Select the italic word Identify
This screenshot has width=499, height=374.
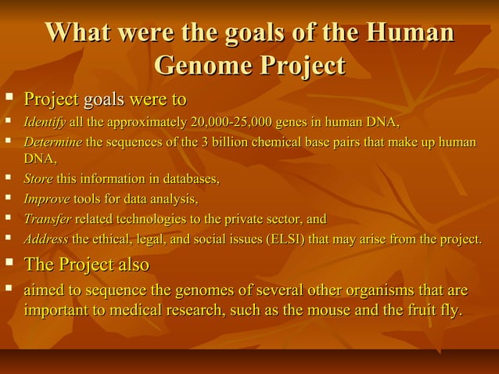point(45,123)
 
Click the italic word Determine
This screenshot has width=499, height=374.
point(52,142)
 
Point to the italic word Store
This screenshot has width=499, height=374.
point(38,180)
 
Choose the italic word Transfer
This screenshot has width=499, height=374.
point(48,219)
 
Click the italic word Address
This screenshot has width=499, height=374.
point(45,239)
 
